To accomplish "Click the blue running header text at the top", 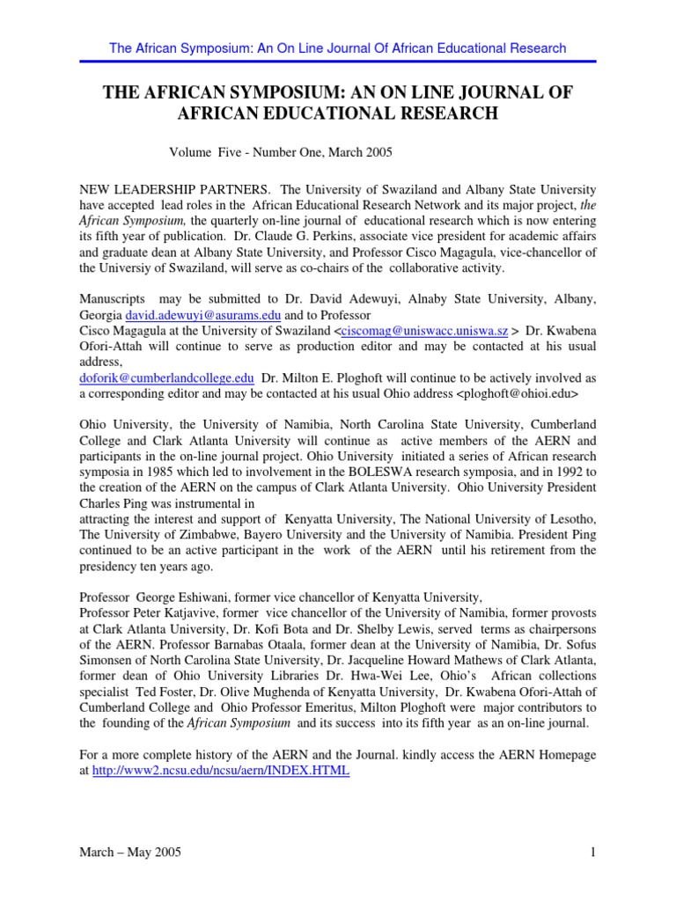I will pos(337,48).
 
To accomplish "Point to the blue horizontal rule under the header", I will pos(337,62).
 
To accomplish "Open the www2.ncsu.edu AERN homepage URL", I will pos(221,770).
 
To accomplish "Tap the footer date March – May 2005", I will pos(132,852).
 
